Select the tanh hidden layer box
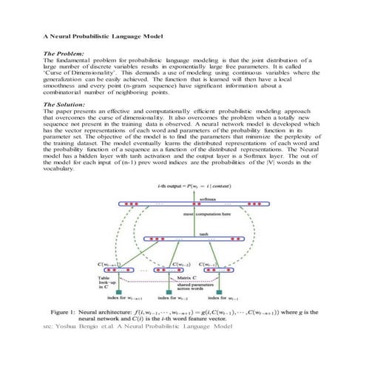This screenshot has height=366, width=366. [193, 238]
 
